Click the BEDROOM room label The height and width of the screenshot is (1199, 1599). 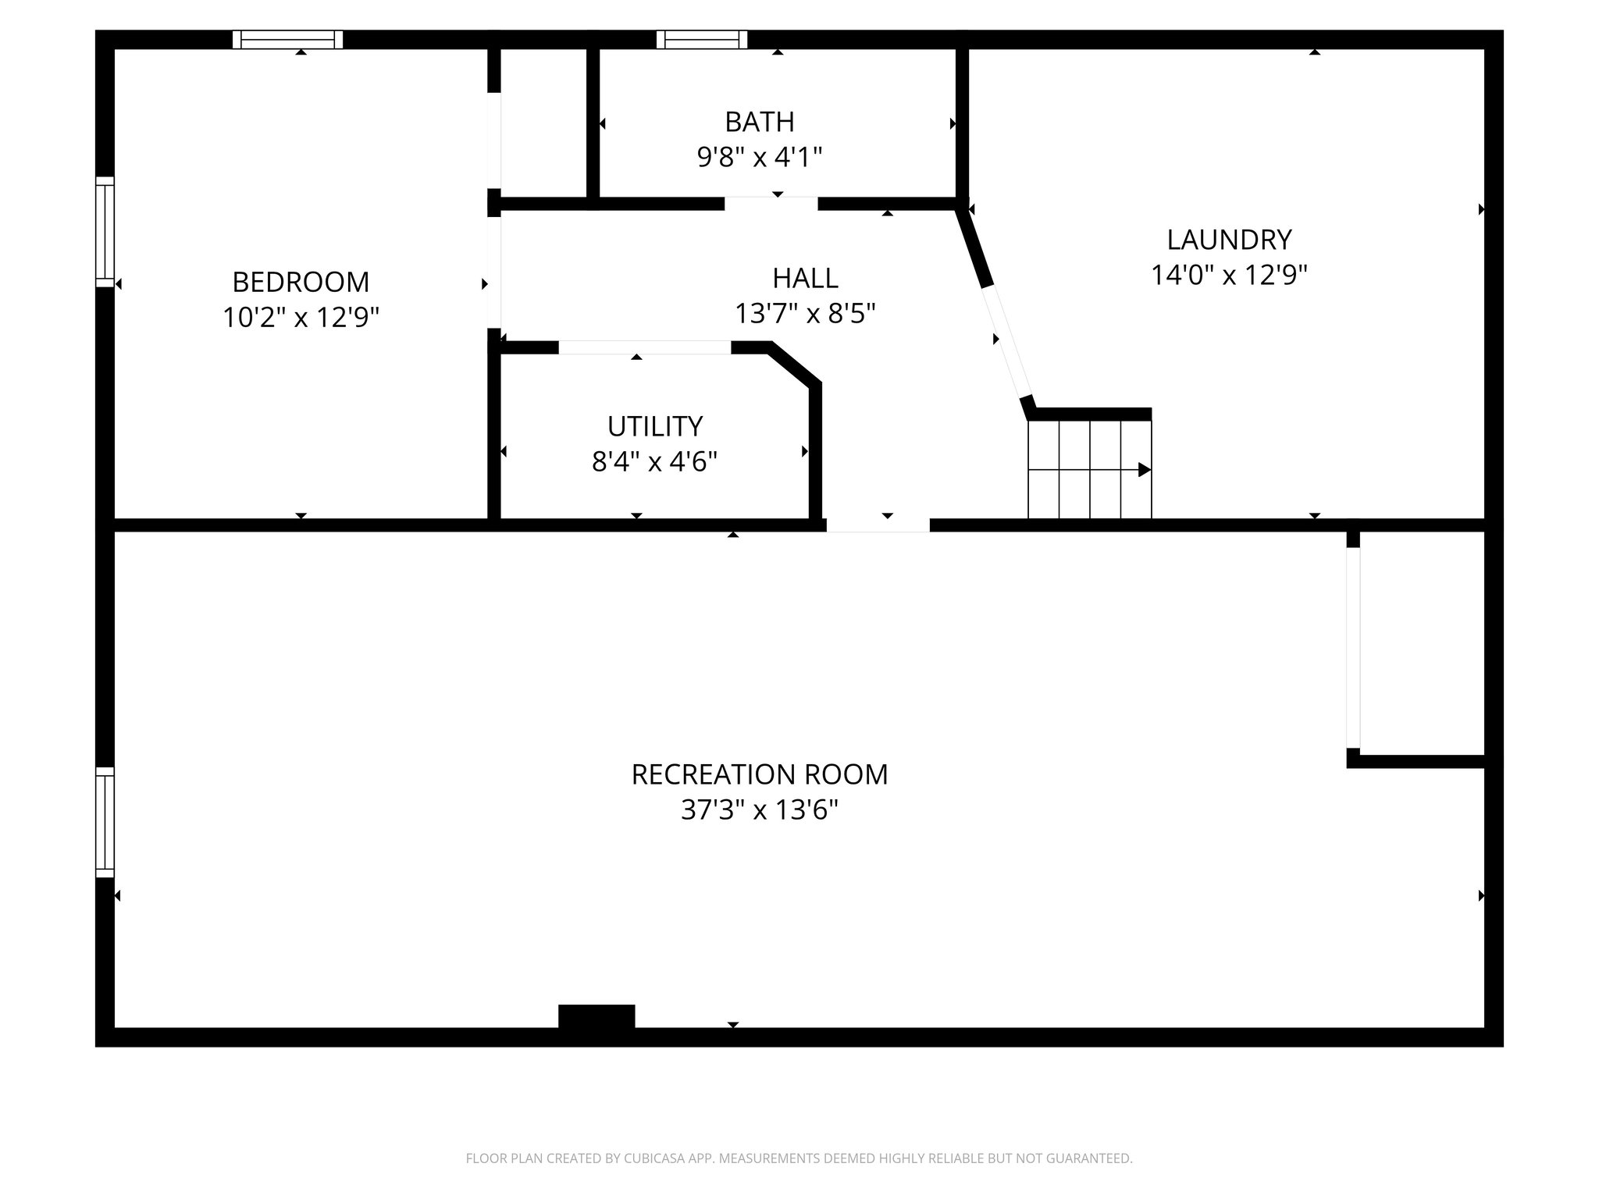(x=301, y=282)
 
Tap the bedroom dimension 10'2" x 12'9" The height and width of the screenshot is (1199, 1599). (x=301, y=318)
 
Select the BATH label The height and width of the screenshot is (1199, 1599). (x=759, y=122)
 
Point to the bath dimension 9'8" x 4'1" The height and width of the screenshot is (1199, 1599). (x=759, y=158)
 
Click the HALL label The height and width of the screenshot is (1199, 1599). (x=805, y=278)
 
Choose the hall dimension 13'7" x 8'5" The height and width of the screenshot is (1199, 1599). (x=805, y=314)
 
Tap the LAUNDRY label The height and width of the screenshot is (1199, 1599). (x=1229, y=239)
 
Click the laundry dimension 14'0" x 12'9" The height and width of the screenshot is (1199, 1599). (x=1229, y=275)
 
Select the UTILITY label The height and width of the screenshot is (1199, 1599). (x=654, y=426)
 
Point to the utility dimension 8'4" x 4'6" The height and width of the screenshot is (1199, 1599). (x=654, y=462)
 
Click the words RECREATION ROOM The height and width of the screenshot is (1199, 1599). (x=759, y=774)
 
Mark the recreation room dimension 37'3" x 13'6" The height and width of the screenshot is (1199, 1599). (x=759, y=810)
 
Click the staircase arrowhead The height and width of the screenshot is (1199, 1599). (x=1144, y=470)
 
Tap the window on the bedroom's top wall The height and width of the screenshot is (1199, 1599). (x=287, y=39)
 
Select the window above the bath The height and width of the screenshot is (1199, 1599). (x=701, y=39)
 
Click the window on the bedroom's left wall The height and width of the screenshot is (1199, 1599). (x=105, y=232)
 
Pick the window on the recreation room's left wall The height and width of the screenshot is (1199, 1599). (x=105, y=822)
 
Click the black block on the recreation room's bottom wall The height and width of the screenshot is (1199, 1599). (x=597, y=1016)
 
